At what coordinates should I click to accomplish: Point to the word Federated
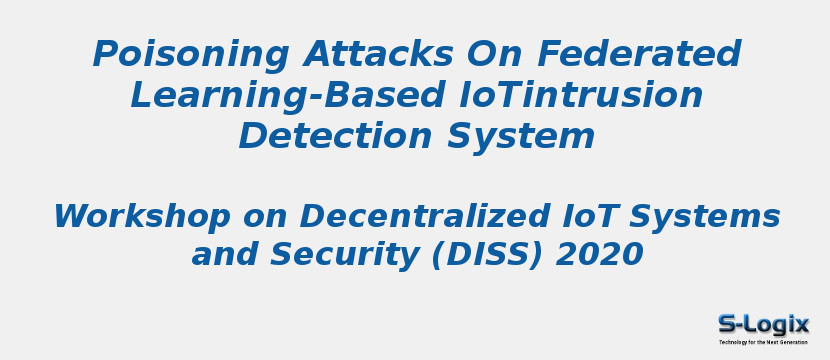(x=639, y=54)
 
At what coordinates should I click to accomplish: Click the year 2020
(x=599, y=256)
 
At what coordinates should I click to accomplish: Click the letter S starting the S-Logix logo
(x=727, y=323)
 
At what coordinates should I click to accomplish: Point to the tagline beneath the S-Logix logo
(x=763, y=342)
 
